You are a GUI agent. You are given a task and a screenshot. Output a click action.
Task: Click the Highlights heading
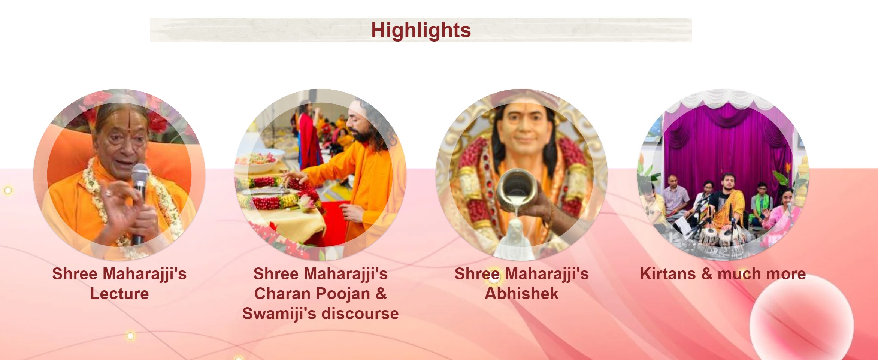point(421,30)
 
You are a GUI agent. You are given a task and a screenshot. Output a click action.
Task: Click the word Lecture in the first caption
point(119,294)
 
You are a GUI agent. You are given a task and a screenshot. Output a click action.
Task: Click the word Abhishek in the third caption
point(521,294)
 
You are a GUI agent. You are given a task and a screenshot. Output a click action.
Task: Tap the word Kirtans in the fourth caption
point(667,274)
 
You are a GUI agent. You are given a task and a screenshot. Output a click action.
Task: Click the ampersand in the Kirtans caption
point(706,274)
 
